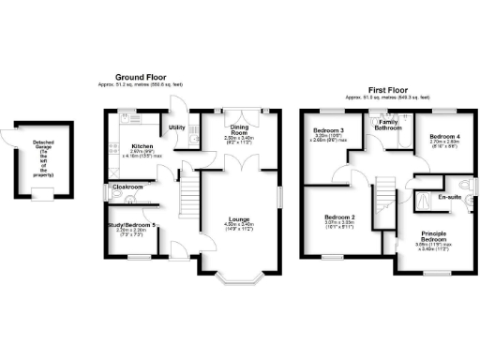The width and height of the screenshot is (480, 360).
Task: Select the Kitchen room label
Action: point(142,146)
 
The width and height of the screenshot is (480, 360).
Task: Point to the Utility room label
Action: point(176,127)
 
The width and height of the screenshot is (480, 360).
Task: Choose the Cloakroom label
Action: point(128,187)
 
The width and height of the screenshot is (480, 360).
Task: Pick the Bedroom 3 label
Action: point(329,130)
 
